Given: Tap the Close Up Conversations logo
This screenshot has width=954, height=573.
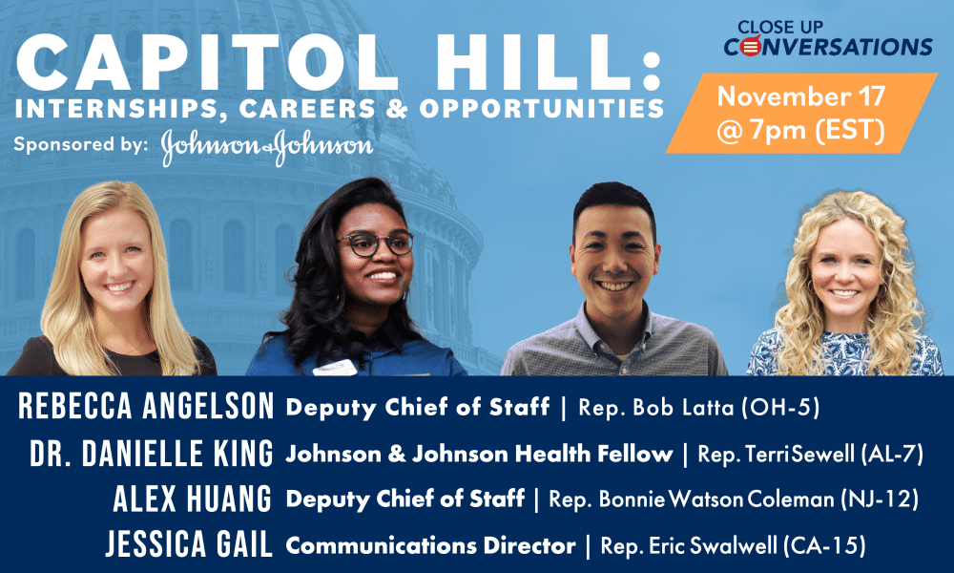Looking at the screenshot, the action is (827, 39).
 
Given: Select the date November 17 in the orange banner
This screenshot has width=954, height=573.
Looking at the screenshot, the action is (800, 96).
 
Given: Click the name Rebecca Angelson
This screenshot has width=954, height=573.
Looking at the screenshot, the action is (146, 406).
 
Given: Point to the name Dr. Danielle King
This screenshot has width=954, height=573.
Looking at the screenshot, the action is (152, 454).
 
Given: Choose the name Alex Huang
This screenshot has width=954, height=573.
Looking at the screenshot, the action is (193, 499).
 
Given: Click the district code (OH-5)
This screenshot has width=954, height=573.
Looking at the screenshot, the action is (780, 408).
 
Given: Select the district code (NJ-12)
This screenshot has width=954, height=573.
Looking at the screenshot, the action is (880, 499).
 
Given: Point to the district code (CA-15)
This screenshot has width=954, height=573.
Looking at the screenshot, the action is (824, 545).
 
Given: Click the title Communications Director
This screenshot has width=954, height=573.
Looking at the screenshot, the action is (431, 545).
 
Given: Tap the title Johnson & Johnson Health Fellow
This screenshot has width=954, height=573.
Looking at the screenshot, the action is (480, 454).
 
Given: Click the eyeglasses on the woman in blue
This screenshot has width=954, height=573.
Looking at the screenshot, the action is (375, 244).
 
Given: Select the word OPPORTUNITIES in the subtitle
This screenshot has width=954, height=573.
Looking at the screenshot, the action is (541, 108).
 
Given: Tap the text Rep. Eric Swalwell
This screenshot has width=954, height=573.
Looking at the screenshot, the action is (689, 545).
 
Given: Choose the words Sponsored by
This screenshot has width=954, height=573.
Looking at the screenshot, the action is (80, 145).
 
